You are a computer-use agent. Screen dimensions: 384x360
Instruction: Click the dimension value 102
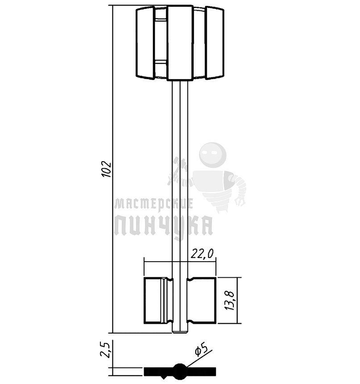(106, 169)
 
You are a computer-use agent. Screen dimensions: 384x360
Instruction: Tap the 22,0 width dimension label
(203, 254)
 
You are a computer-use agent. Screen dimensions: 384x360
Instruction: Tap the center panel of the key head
(180, 43)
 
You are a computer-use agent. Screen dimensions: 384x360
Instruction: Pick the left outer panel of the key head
(145, 43)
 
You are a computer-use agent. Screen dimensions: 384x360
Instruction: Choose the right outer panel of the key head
(214, 43)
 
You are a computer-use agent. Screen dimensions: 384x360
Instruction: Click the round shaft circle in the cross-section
(180, 370)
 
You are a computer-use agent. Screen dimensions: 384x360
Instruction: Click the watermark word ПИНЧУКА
(163, 225)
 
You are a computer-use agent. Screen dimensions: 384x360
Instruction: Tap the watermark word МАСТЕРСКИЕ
(153, 204)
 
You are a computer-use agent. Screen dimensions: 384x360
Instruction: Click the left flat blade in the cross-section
(156, 371)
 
